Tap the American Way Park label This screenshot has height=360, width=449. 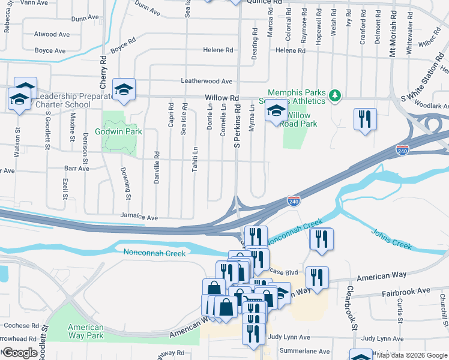click(x=85, y=331)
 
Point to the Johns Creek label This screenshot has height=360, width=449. click(x=391, y=239)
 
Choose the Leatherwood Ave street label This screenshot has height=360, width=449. click(x=206, y=81)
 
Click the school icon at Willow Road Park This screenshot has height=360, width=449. click(x=276, y=111)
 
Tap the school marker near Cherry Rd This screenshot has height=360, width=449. click(x=124, y=90)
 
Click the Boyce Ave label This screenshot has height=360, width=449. click(x=50, y=51)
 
